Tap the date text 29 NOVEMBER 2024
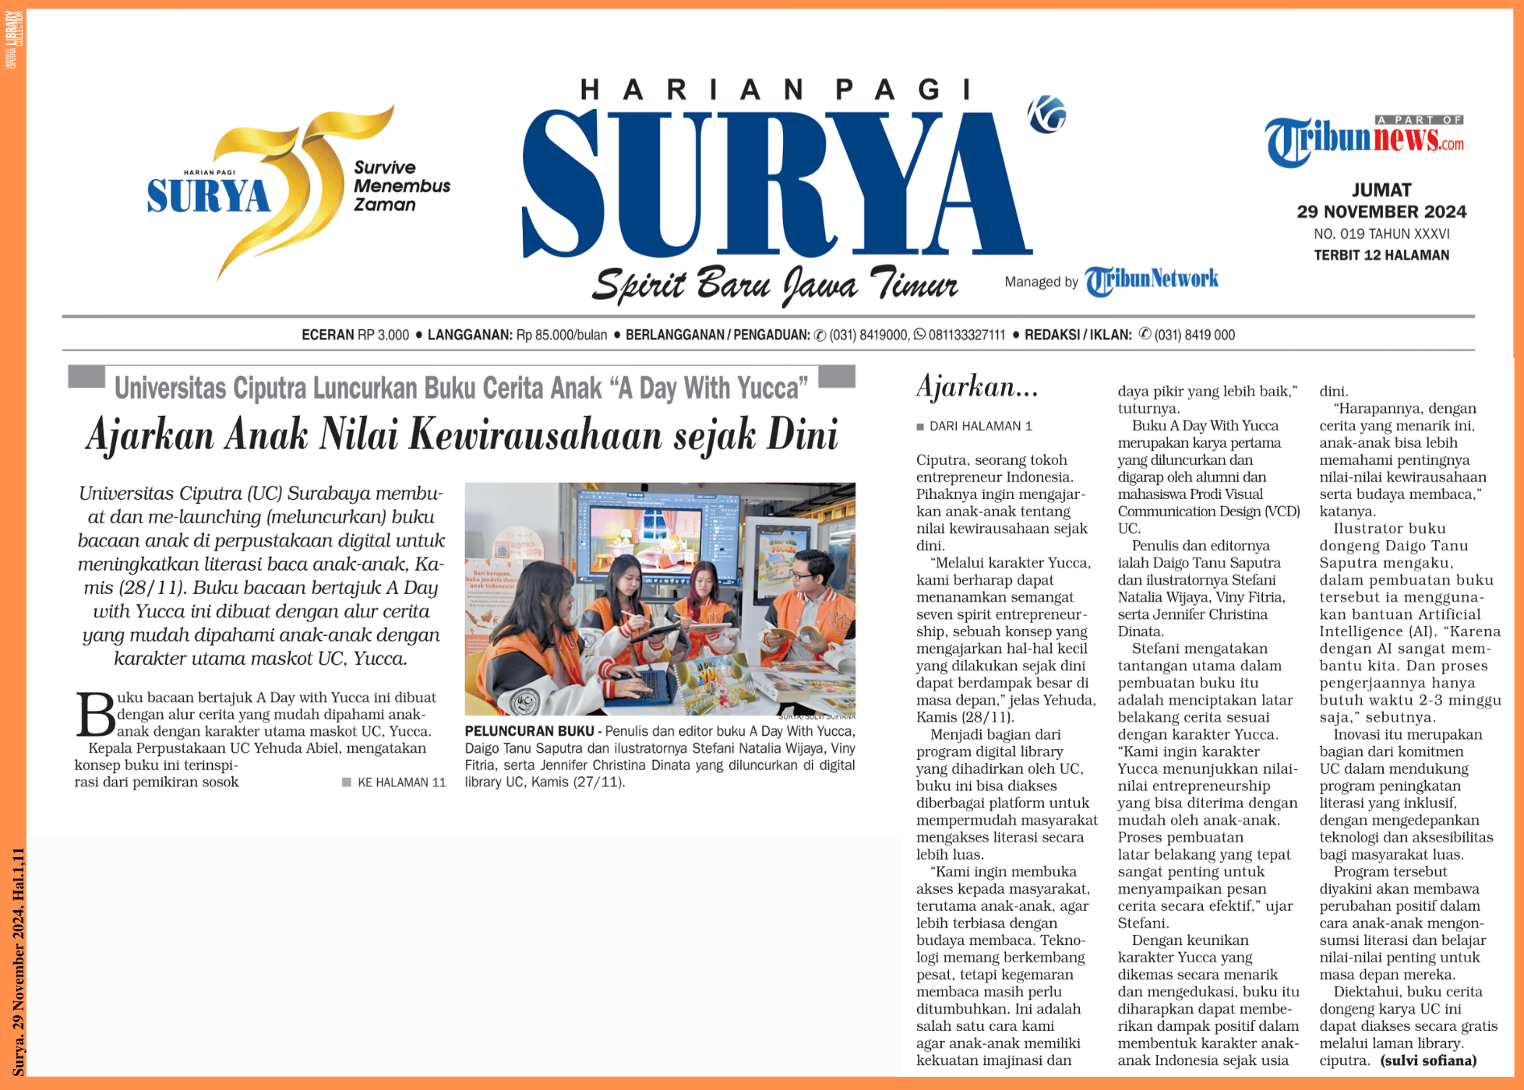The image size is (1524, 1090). [x=1381, y=212]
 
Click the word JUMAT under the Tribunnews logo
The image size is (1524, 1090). [x=1381, y=190]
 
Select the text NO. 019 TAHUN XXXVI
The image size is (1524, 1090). [x=1381, y=234]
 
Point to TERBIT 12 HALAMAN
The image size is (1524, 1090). [x=1381, y=255]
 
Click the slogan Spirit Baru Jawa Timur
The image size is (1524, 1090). [x=774, y=285]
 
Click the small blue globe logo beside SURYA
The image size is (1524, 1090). [x=1046, y=114]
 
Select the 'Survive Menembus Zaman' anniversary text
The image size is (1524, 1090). [x=401, y=186]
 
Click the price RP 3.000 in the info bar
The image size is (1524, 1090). [x=383, y=335]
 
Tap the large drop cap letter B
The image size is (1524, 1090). [x=96, y=714]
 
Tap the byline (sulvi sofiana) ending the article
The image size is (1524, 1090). [x=1428, y=1060]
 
